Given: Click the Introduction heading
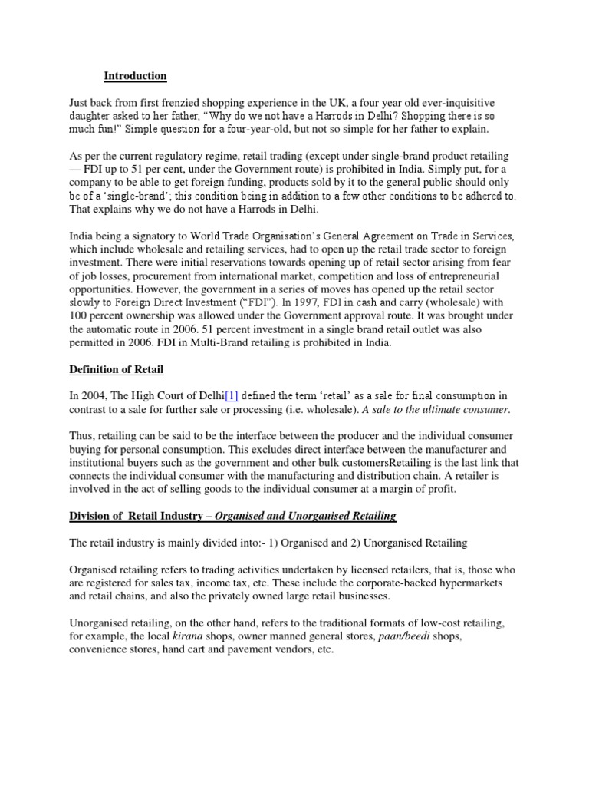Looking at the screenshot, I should pos(135,76).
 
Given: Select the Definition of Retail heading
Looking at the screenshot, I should pos(116,370).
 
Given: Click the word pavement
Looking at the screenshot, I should pos(258,650).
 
